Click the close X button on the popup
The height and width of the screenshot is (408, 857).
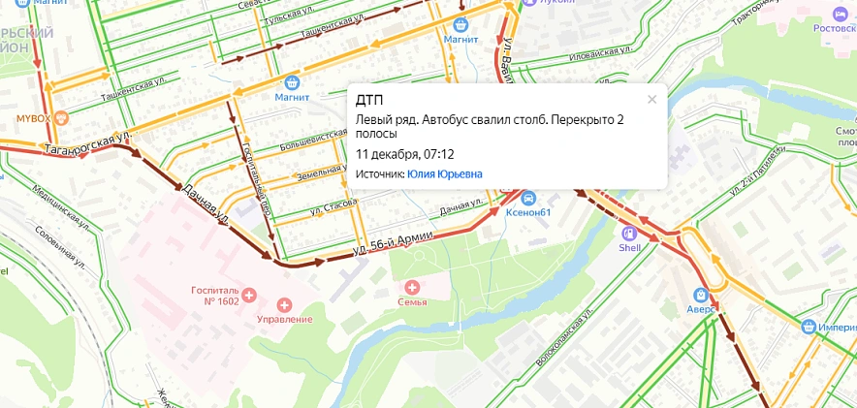tap(651, 99)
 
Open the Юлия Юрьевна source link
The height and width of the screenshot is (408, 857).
tap(445, 174)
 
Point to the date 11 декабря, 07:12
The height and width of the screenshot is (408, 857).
tap(405, 154)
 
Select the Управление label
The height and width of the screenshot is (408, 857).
tap(284, 319)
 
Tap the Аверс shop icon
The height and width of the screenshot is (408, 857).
tap(700, 294)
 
